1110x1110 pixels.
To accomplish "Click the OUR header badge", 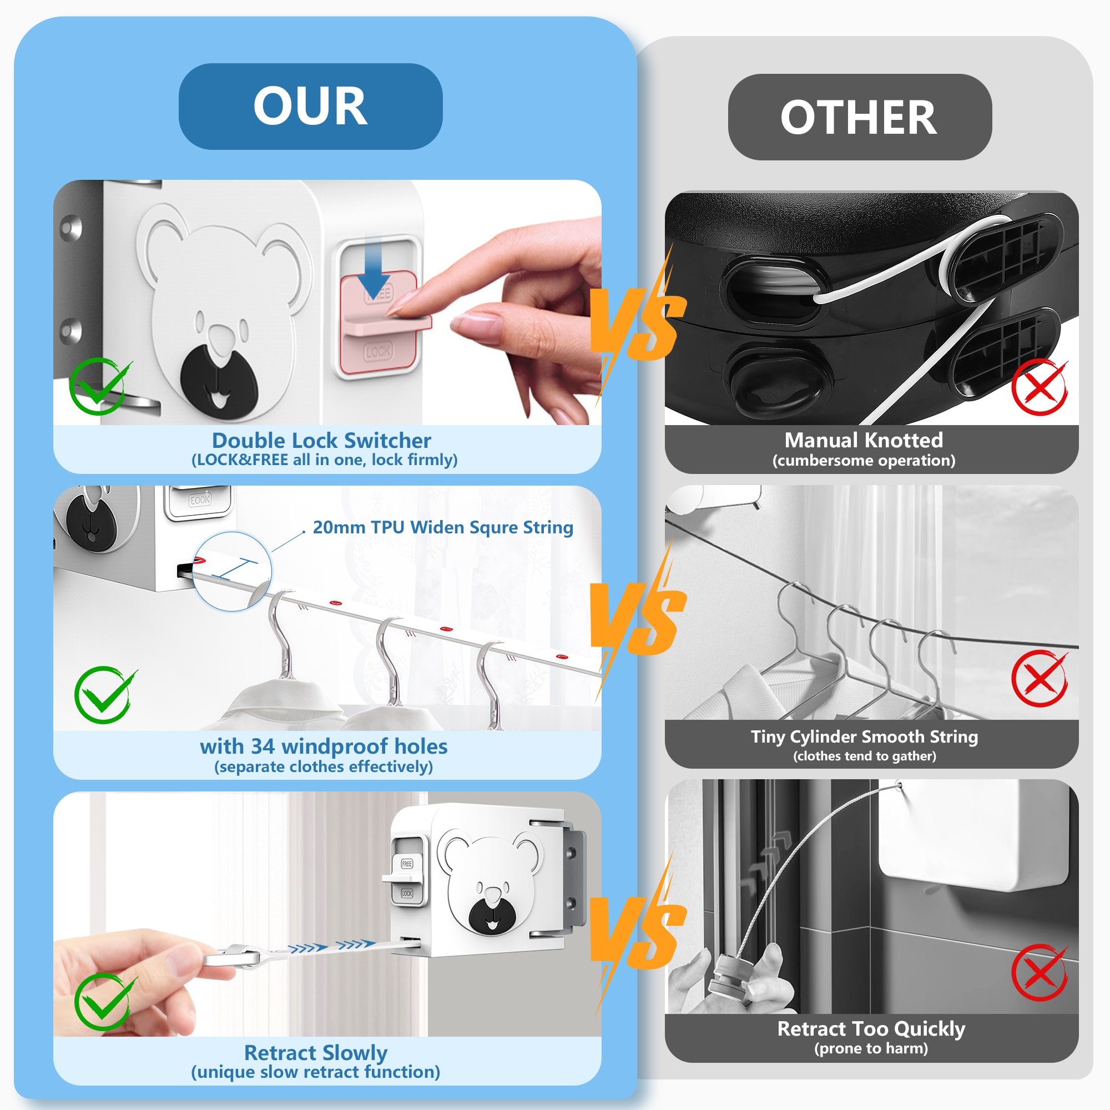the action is (310, 107).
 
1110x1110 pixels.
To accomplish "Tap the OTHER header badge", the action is (860, 117).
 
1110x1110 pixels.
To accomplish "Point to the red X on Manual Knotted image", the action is (1040, 387).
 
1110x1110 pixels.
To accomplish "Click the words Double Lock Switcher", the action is (321, 441).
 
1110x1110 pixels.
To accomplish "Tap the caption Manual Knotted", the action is (864, 440).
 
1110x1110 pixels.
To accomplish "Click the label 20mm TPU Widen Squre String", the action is (443, 527).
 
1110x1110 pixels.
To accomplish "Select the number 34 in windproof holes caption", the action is (263, 746).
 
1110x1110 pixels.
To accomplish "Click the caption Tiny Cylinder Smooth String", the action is (864, 736).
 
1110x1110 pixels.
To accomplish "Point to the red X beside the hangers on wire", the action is (1040, 679).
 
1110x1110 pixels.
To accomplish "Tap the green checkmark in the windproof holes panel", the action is (105, 695).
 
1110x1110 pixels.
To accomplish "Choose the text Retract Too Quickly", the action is (871, 1028).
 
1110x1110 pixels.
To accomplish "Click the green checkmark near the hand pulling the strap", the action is (105, 1002).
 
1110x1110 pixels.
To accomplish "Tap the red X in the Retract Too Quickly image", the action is (1040, 973).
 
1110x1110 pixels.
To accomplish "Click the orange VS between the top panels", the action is (638, 322).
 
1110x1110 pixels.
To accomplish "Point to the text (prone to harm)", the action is (871, 1048).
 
